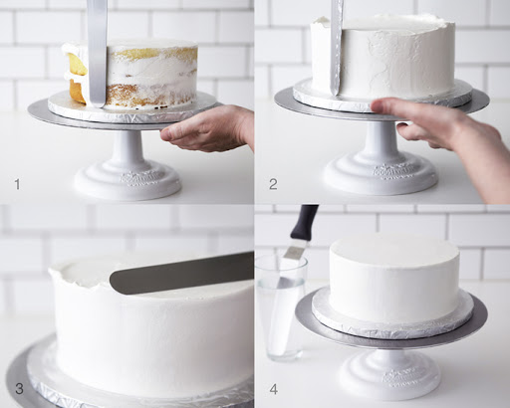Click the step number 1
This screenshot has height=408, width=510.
(17, 184)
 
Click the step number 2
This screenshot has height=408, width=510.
(273, 184)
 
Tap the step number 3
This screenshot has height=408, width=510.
(19, 389)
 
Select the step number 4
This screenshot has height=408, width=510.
(274, 389)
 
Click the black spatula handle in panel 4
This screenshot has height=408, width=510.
(305, 222)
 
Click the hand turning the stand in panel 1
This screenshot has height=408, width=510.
(208, 128)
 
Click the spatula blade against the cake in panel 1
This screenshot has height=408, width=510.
(97, 53)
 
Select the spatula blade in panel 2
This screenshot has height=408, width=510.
(337, 48)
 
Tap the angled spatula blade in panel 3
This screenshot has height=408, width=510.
(182, 273)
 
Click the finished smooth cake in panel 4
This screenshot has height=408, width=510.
(394, 279)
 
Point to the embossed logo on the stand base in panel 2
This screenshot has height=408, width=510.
(392, 171)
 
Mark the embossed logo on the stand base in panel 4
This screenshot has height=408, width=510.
(399, 377)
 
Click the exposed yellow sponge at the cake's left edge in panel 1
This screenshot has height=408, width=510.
(77, 77)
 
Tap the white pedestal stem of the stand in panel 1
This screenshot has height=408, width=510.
(127, 146)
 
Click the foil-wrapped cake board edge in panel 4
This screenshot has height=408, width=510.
(392, 326)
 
